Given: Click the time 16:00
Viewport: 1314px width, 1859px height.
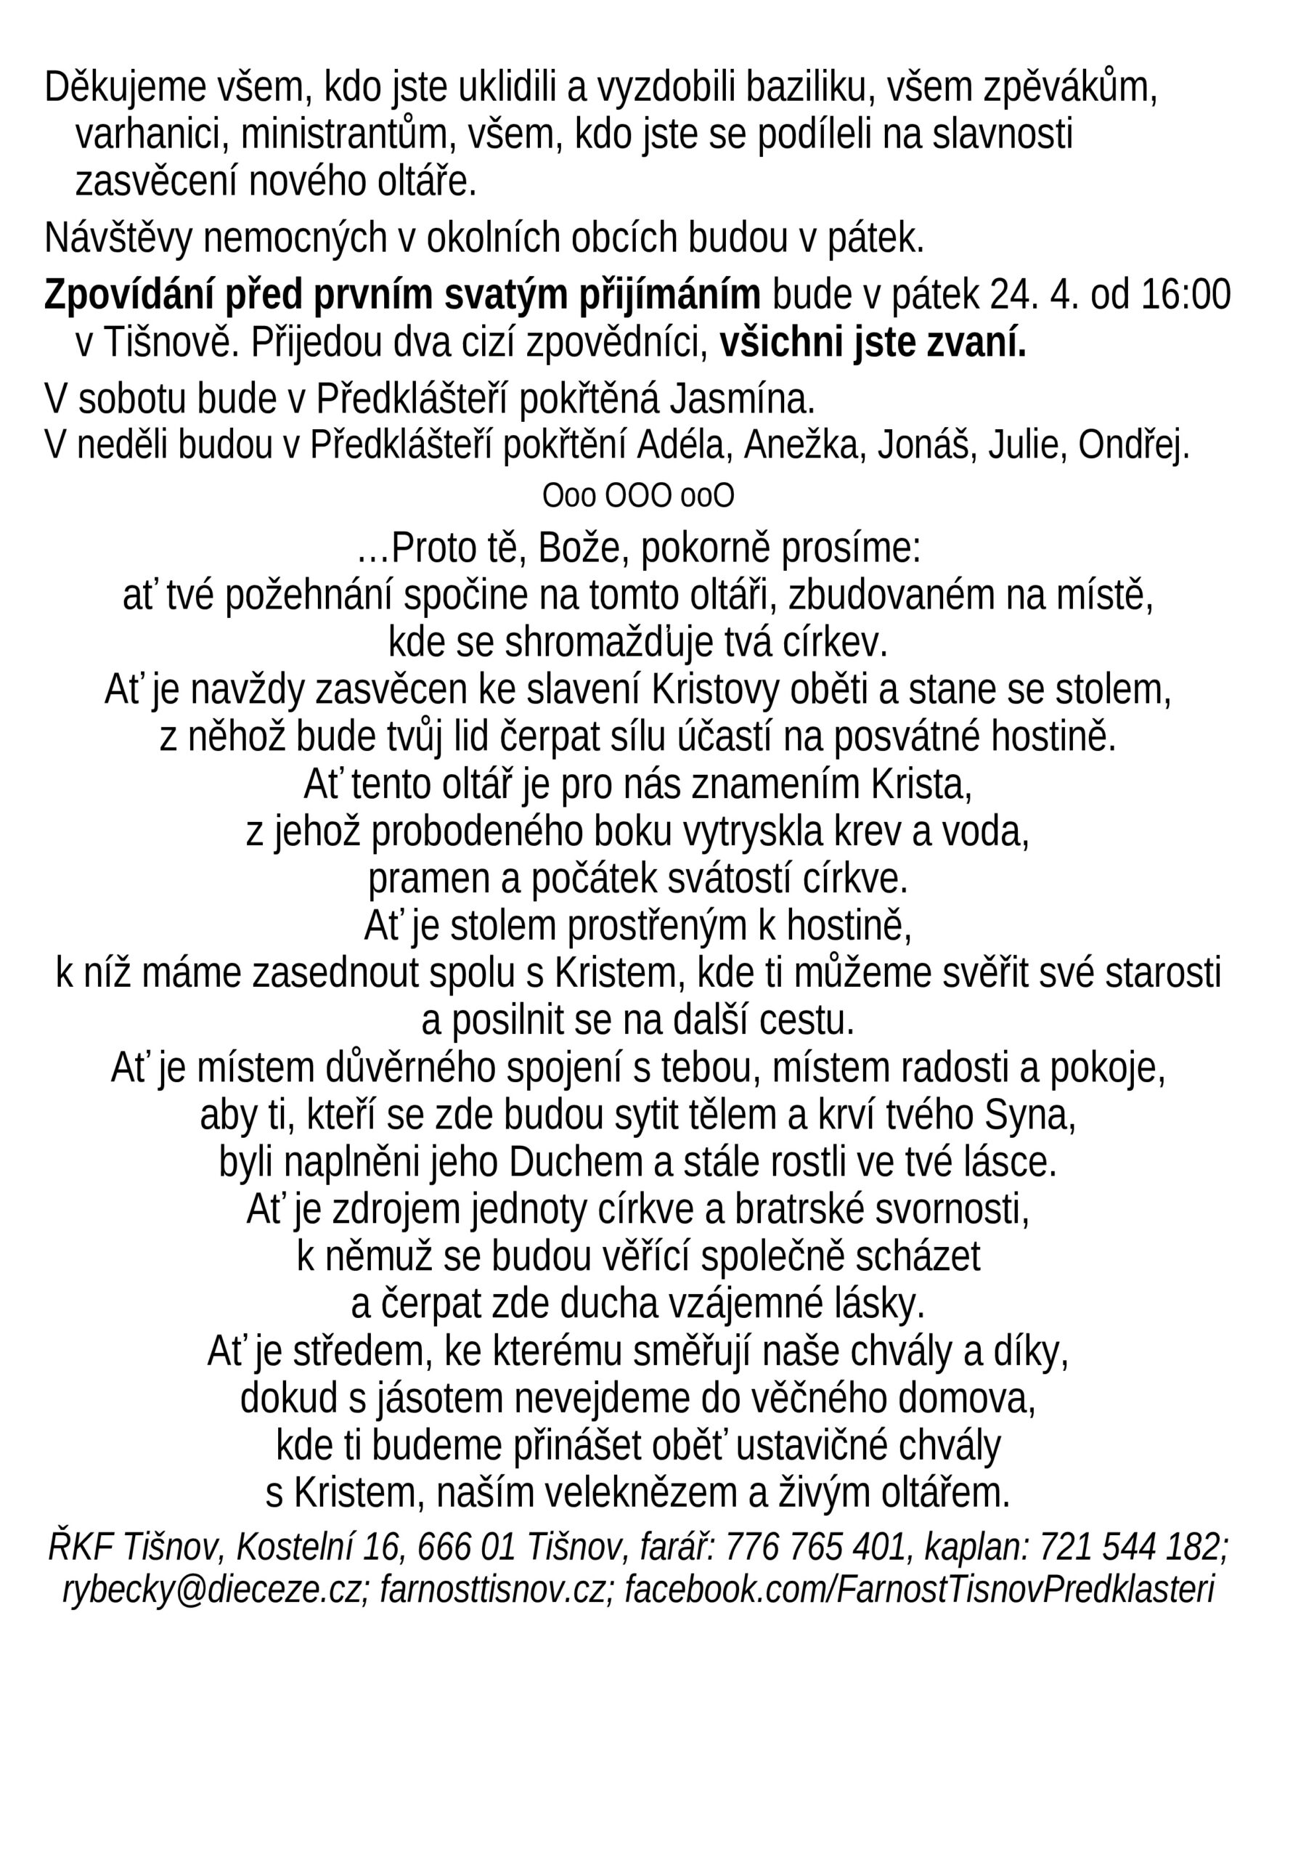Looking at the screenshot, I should (1186, 295).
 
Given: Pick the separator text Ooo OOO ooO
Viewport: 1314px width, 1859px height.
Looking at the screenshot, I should (638, 496).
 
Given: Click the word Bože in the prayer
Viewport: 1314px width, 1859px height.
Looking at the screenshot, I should (584, 549).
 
